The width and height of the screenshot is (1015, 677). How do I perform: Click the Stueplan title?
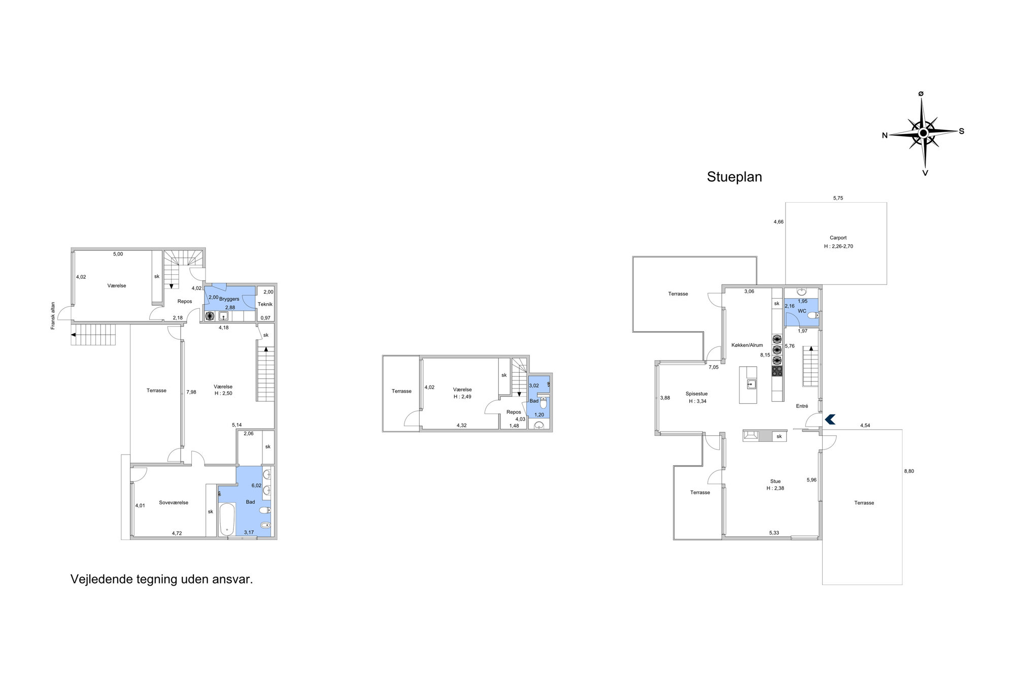point(734,177)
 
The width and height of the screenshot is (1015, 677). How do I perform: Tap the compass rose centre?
point(924,133)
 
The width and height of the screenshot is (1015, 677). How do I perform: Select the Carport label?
point(838,238)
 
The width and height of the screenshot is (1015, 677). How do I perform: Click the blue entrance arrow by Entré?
point(830,420)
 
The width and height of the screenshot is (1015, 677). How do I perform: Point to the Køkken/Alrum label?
point(747,345)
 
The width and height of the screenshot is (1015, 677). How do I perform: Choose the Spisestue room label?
point(696,394)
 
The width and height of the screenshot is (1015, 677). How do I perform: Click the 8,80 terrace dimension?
point(909,471)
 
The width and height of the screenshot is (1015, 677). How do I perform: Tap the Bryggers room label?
point(229,299)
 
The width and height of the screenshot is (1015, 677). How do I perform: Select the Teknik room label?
point(265,304)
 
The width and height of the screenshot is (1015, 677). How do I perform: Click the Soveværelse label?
point(174,502)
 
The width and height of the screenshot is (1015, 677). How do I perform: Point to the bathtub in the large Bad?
point(226,519)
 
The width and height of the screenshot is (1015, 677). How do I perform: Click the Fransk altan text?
point(53,316)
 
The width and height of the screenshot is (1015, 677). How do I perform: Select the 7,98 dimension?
point(191,392)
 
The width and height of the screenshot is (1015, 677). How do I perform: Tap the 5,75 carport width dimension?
point(838,198)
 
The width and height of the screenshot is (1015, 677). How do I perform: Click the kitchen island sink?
point(751,384)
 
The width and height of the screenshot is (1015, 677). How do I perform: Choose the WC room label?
point(802,311)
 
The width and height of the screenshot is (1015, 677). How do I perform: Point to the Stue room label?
point(775,481)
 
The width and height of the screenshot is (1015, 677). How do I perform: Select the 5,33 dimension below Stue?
point(774,533)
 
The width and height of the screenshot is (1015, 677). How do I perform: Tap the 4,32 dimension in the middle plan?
point(461,426)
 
